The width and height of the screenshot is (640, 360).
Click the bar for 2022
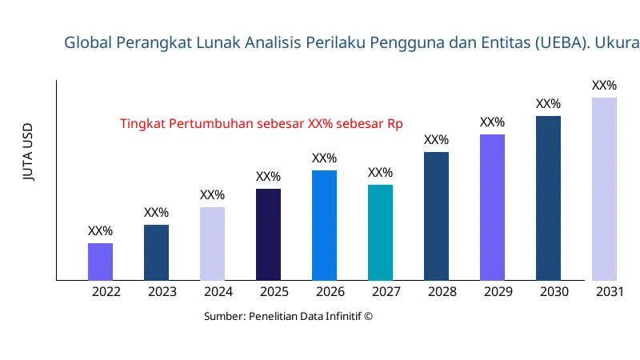(100, 262)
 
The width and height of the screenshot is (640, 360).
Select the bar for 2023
(156, 253)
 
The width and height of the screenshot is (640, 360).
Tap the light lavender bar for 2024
(212, 244)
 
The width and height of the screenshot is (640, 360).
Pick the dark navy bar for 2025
(268, 234)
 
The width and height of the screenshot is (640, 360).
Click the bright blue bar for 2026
(324, 226)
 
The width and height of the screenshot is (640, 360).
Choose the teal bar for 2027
(380, 233)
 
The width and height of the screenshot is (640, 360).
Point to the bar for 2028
(436, 216)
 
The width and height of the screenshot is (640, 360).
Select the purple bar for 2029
(492, 207)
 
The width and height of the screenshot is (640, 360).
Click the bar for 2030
(548, 198)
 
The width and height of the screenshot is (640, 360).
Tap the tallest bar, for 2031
(604, 189)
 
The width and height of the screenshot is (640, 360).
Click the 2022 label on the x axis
(106, 292)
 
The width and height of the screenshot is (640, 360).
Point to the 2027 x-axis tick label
(386, 292)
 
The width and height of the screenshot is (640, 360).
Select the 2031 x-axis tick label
(610, 292)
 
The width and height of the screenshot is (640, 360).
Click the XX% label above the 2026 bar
(324, 158)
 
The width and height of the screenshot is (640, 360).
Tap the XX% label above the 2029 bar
(492, 122)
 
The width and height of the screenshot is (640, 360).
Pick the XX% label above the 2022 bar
(100, 231)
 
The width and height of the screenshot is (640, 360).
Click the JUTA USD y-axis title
(29, 153)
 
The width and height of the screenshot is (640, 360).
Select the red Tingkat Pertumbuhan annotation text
(261, 124)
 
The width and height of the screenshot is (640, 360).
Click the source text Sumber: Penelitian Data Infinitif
(288, 316)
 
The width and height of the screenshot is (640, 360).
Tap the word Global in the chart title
(89, 42)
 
